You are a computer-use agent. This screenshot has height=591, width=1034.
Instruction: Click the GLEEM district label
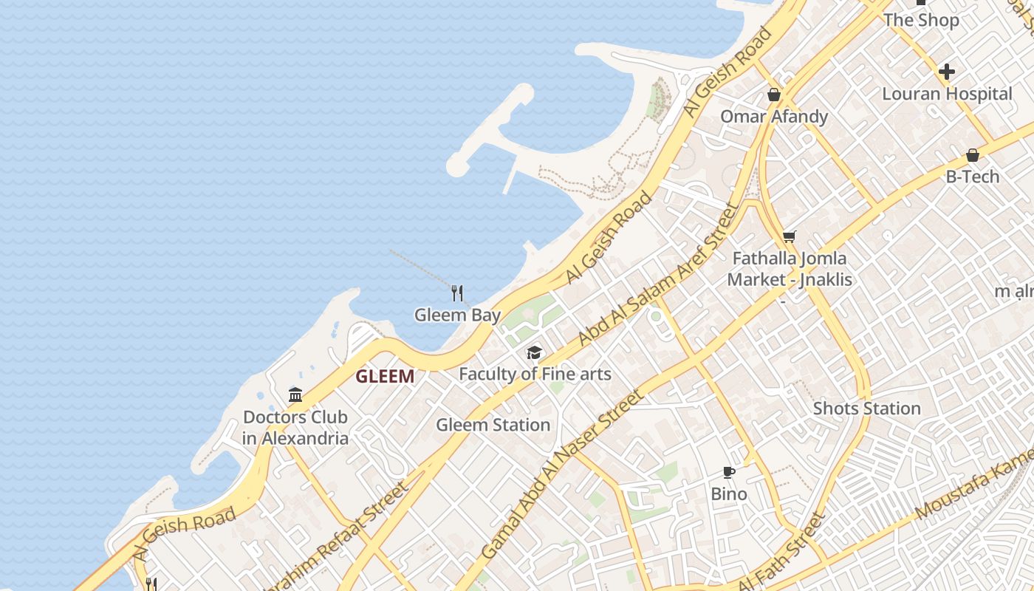pos(385,377)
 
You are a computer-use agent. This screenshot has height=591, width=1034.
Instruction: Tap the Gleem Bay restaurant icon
pos(457,293)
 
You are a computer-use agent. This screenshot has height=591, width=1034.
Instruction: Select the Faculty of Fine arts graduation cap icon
pos(534,353)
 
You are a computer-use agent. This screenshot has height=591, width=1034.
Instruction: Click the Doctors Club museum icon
pos(295,394)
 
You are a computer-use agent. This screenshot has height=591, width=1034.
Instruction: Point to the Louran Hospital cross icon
pos(946,72)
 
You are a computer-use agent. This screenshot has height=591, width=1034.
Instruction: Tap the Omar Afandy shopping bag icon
pos(774,95)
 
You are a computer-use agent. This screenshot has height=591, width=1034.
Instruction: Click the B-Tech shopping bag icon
pos(973,155)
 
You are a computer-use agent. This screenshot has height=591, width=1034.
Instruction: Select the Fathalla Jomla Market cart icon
pos(790,237)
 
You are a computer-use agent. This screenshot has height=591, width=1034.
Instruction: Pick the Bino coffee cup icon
pos(729,472)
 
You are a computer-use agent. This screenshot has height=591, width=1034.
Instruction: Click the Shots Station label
pos(866,409)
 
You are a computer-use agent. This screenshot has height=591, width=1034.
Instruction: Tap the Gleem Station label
pos(493,425)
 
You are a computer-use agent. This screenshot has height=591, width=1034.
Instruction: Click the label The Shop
pos(921,20)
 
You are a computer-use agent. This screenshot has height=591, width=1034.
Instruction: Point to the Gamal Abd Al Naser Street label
pos(561,474)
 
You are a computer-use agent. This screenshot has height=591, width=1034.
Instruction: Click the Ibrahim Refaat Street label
pos(336,538)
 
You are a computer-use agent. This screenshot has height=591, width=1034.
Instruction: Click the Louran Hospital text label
pos(947,94)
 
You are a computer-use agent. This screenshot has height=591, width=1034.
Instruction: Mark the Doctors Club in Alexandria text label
pos(295,428)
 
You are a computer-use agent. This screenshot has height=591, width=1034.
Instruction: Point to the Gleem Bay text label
pos(457,315)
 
